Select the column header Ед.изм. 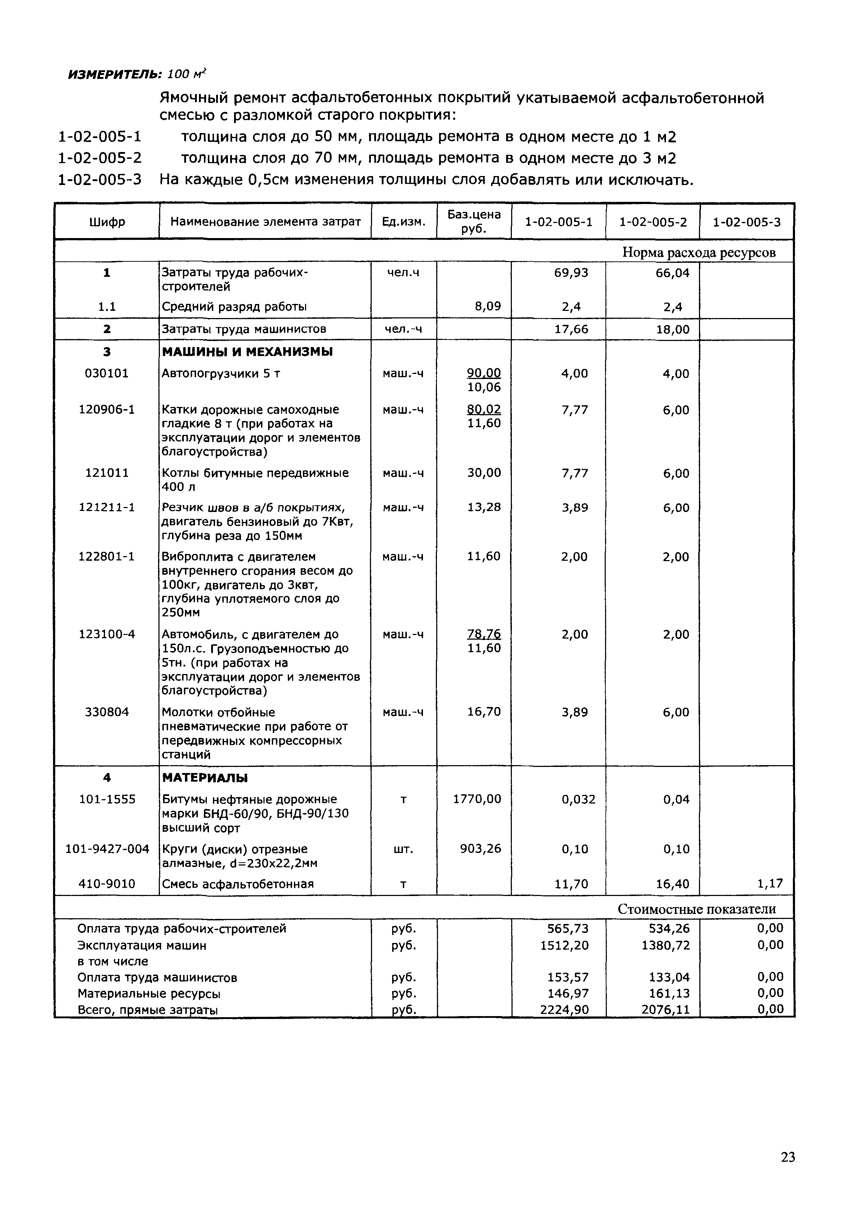[404, 222]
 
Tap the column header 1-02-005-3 [746, 222]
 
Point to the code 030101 [107, 374]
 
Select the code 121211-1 [107, 507]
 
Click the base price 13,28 [484, 507]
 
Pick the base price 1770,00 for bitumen [477, 799]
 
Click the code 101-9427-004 [107, 849]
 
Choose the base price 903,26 [480, 849]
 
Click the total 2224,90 [564, 1009]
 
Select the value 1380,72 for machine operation [666, 945]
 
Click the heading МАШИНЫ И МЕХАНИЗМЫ [247, 352]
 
